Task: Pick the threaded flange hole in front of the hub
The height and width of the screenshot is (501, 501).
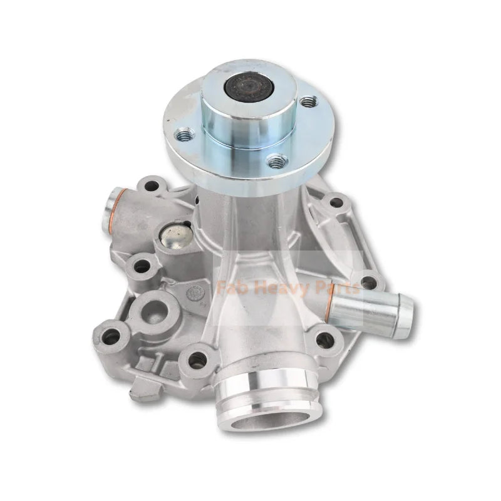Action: click(276, 162)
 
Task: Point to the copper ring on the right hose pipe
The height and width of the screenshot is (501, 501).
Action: click(331, 303)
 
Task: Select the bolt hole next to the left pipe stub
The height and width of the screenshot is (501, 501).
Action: click(150, 186)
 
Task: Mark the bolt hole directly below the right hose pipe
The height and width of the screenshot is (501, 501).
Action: click(325, 341)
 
